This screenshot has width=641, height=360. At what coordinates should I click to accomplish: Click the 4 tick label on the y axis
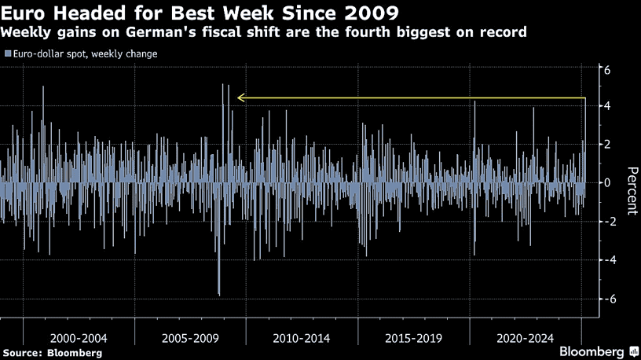point(606,107)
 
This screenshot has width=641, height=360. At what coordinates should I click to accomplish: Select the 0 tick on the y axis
point(606,182)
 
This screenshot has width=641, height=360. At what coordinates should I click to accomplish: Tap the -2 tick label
point(604,222)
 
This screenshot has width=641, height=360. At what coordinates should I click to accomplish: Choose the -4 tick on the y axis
point(604,260)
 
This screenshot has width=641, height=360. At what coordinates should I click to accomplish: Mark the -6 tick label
point(604,299)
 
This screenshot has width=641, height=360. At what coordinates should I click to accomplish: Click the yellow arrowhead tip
point(239,98)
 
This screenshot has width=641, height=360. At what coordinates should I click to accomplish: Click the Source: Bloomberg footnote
point(52,353)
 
